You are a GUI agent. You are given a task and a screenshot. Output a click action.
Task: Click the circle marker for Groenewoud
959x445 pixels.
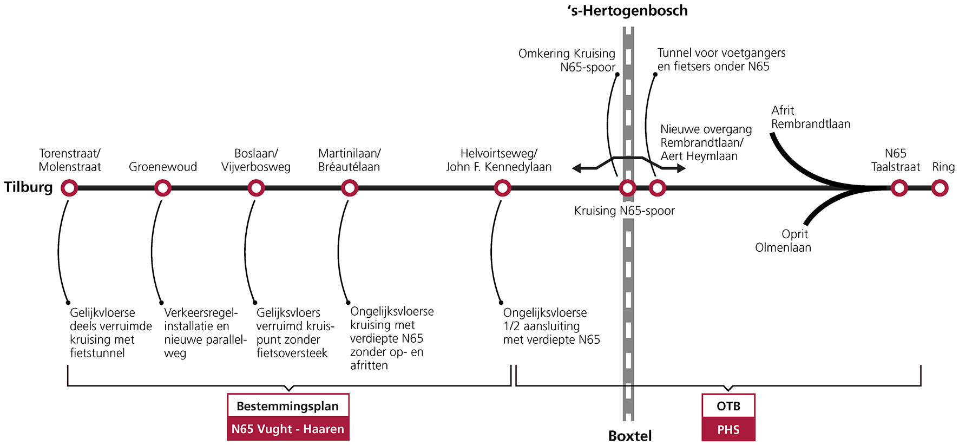(x=163, y=188)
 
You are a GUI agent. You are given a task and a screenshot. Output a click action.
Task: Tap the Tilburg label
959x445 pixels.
(x=29, y=187)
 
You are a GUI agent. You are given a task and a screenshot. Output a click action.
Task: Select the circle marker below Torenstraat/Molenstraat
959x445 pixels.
(x=69, y=188)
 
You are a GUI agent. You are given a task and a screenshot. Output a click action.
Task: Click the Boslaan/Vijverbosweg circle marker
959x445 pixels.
(x=256, y=188)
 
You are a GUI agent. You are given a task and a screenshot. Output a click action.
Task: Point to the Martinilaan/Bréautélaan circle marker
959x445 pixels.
(x=350, y=188)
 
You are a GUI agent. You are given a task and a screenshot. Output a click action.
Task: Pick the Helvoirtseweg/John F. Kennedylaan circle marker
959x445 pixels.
(x=502, y=188)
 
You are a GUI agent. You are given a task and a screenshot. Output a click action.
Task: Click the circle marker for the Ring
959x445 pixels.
(x=940, y=188)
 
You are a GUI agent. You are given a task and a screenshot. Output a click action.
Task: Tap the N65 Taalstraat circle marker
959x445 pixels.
(x=899, y=188)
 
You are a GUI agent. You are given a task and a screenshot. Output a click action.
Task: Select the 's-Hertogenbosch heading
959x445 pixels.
(x=628, y=11)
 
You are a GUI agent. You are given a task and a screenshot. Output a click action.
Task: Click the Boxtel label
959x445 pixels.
(x=630, y=436)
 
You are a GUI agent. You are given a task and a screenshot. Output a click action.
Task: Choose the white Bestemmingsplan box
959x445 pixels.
(x=288, y=406)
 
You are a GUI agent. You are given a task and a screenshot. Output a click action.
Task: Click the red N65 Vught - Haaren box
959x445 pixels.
(x=288, y=429)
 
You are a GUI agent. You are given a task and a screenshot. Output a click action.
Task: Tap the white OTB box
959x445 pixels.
(x=728, y=406)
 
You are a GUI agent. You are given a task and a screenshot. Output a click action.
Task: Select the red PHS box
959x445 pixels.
(x=728, y=429)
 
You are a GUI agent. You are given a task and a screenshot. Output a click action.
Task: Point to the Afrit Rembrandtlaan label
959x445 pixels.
(x=810, y=117)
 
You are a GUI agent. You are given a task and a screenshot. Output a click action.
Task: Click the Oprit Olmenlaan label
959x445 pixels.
(x=783, y=241)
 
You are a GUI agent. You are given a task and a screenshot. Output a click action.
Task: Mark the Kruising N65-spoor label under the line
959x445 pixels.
(x=625, y=211)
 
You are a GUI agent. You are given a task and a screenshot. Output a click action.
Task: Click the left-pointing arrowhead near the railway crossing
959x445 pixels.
(x=577, y=168)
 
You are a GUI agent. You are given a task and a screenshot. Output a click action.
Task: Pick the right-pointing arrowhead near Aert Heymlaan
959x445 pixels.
(x=681, y=168)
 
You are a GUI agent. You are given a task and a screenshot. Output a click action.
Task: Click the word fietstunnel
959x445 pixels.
(x=97, y=353)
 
